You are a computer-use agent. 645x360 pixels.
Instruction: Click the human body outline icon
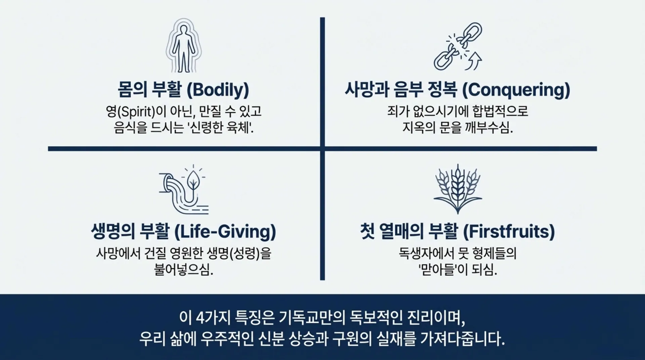pos(183,46)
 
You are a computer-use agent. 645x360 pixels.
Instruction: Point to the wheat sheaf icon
pos(458,189)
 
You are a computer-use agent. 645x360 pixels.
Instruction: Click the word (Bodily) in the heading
pos(218,90)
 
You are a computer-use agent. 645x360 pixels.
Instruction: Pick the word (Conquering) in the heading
pos(516,90)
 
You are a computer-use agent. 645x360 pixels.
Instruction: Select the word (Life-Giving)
pos(225,232)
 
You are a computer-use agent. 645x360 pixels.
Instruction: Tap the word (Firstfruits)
pos(509,232)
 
